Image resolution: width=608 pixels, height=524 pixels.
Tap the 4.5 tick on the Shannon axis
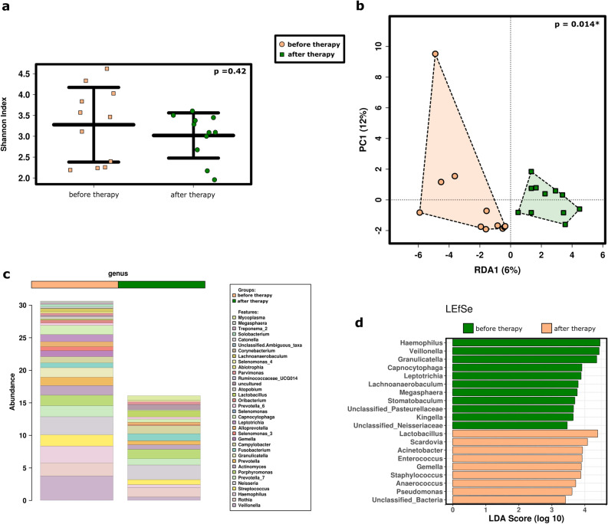coord(24,74)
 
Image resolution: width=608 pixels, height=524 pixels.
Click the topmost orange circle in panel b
coord(435,54)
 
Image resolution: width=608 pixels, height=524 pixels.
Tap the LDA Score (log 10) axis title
coord(524,518)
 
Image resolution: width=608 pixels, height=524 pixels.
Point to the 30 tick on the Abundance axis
coord(24,305)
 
